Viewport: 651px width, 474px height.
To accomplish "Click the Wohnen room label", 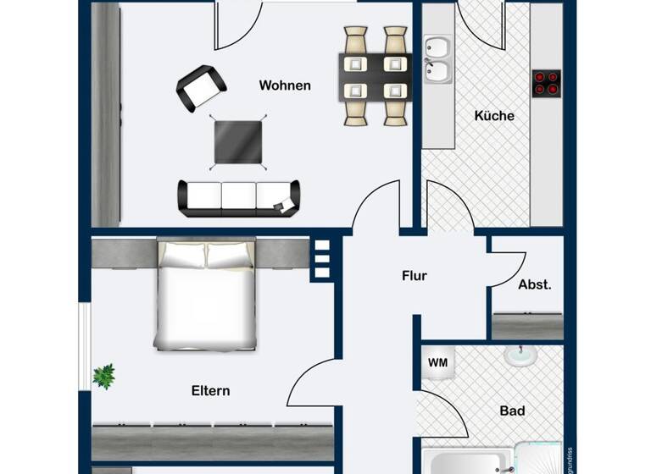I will [x=285, y=85].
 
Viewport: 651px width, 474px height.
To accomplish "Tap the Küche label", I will [x=494, y=116].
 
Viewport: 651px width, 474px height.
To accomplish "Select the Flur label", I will [x=415, y=276].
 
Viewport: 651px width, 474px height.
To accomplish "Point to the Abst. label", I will [x=535, y=285].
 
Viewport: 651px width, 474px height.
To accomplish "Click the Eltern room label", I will [x=210, y=391].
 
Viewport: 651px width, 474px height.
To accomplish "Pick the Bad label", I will [x=512, y=411].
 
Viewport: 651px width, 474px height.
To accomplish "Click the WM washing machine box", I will [x=437, y=363].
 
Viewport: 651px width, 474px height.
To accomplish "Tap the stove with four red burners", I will [x=546, y=82].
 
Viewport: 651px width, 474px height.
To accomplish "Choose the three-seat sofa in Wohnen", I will [x=238, y=198].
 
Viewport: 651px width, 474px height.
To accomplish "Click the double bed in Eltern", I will [x=206, y=295].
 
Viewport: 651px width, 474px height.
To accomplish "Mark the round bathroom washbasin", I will [x=520, y=356].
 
